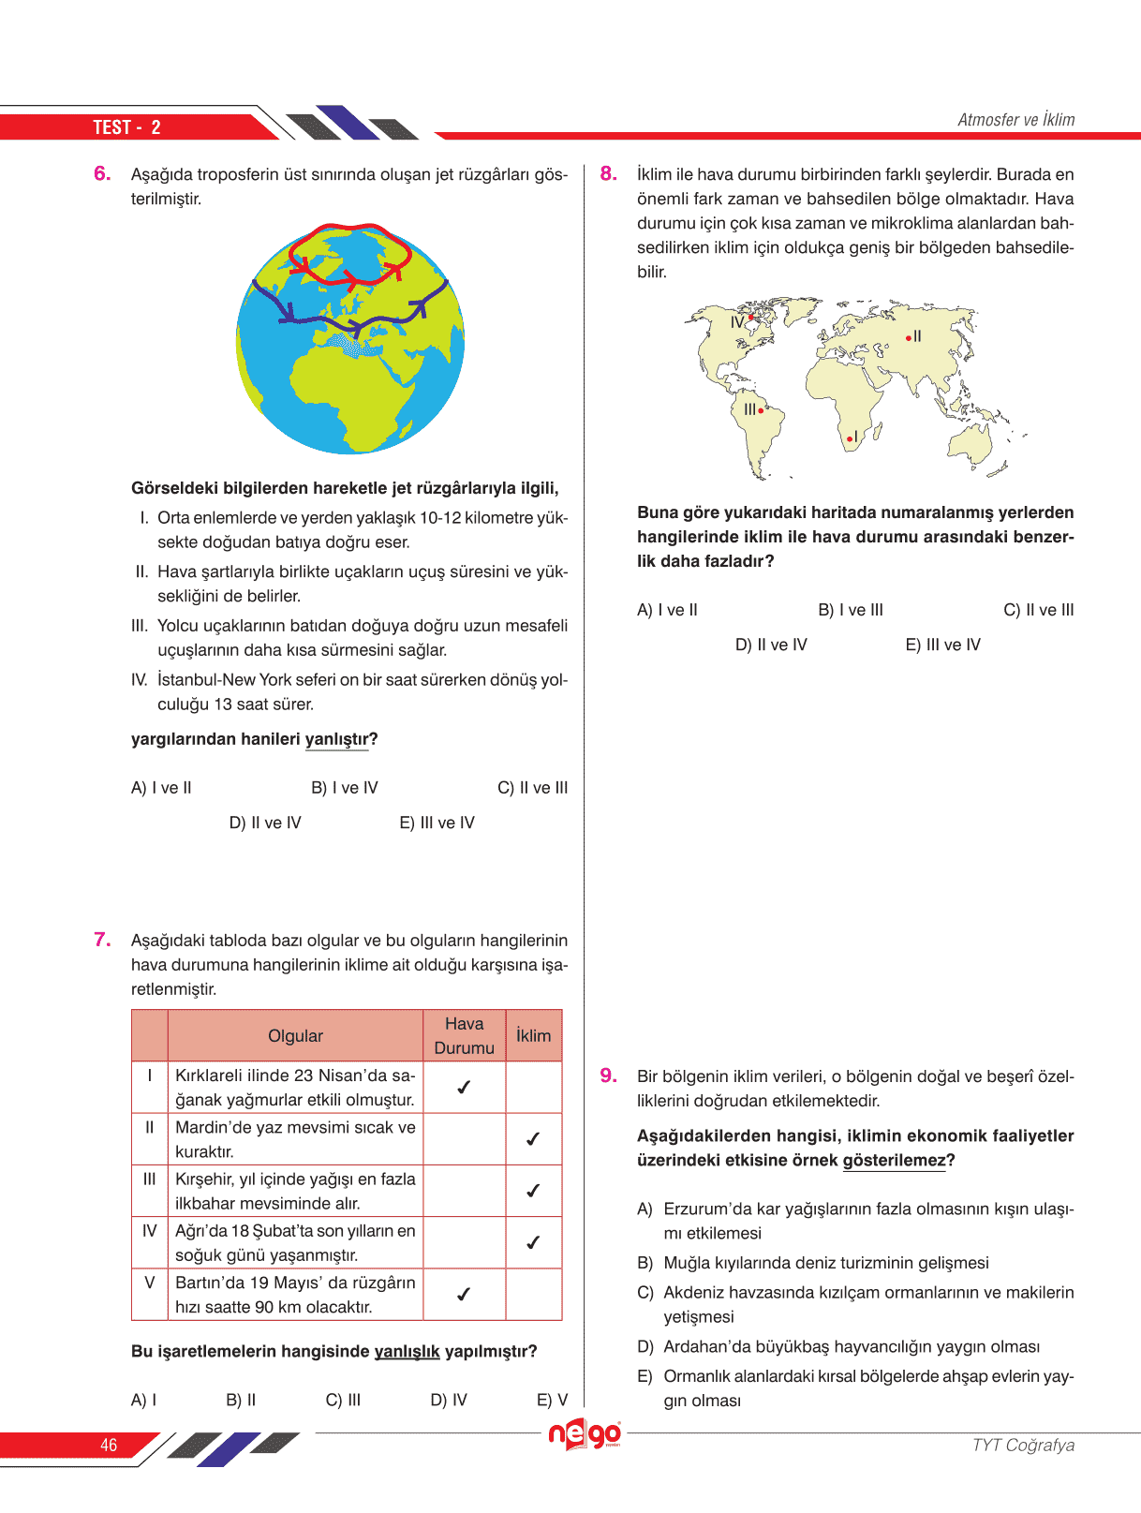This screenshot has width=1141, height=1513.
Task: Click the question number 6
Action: [x=102, y=173]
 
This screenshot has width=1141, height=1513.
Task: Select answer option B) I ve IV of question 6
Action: [x=344, y=788]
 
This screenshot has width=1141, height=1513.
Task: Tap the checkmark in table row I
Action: [x=464, y=1088]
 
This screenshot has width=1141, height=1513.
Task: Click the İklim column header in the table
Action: [x=533, y=1035]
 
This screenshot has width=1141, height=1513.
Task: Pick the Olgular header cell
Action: [x=295, y=1035]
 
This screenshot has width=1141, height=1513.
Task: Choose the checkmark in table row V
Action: [x=464, y=1295]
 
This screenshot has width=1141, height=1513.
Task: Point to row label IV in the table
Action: [x=149, y=1231]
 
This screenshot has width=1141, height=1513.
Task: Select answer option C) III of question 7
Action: [x=343, y=1400]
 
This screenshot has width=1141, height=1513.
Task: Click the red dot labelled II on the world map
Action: [x=908, y=337]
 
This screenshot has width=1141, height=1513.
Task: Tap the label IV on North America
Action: [x=737, y=322]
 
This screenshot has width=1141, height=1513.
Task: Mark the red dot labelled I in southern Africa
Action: [x=849, y=438]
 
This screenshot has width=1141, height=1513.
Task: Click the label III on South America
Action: [x=749, y=409]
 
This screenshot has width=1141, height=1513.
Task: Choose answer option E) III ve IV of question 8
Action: [x=942, y=645]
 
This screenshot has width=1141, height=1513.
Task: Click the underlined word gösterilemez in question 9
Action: [x=895, y=1161]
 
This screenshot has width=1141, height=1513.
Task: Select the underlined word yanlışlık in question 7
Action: [x=407, y=1352]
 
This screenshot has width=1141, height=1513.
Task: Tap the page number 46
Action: [x=109, y=1445]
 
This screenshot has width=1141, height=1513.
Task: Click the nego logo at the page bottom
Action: [x=585, y=1434]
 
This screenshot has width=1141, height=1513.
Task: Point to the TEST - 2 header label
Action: [x=126, y=127]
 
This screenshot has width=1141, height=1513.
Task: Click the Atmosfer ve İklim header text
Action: [x=1015, y=120]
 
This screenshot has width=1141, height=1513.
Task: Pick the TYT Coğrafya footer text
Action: [x=1023, y=1445]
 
